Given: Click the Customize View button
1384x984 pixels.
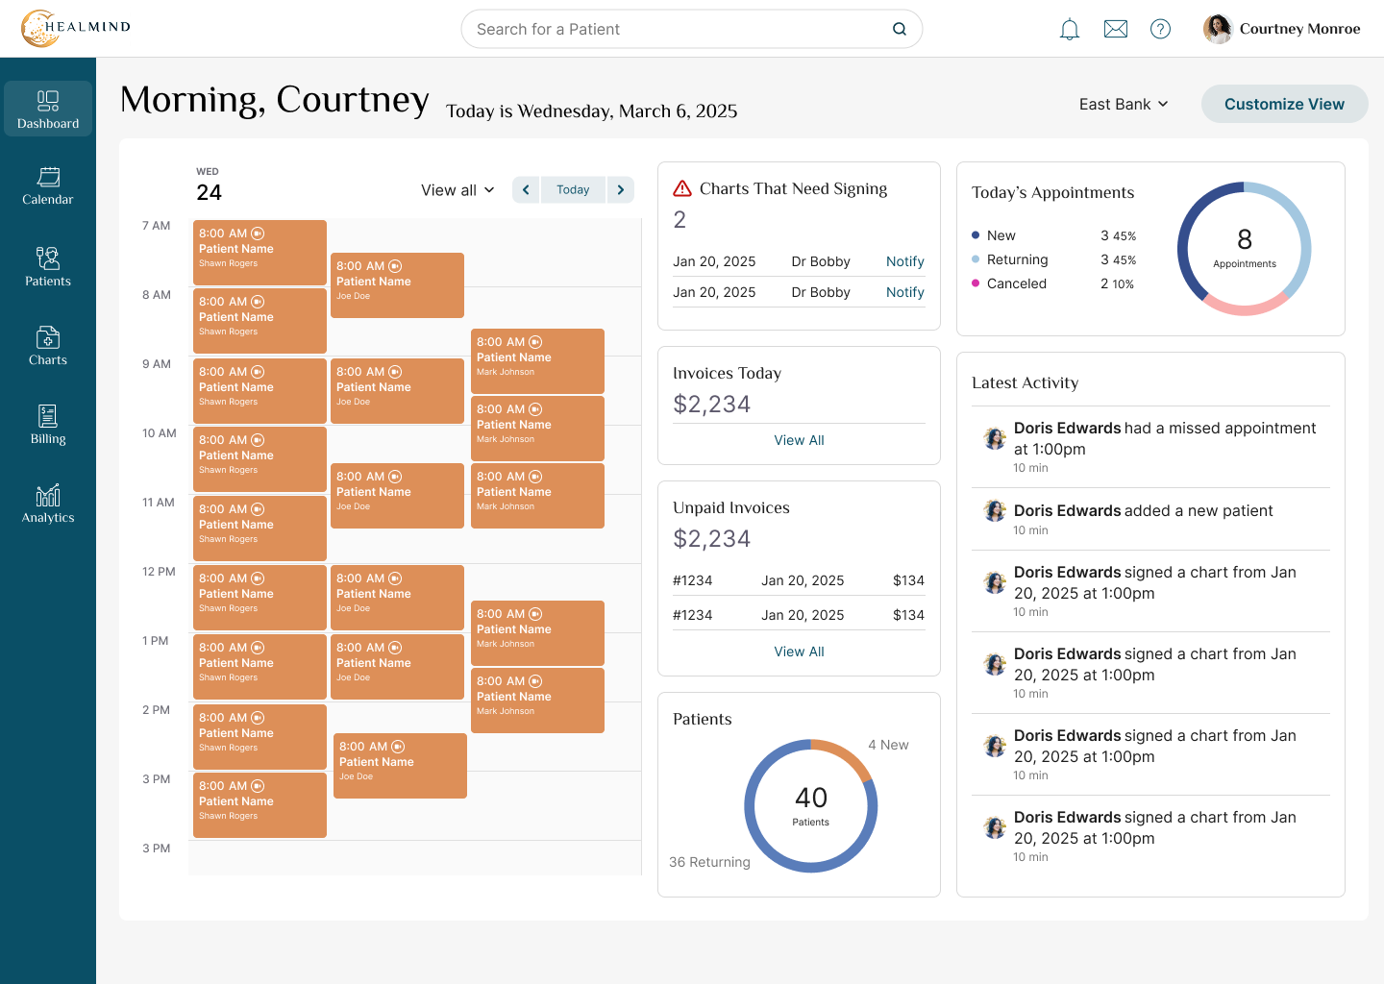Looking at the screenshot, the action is (x=1284, y=104).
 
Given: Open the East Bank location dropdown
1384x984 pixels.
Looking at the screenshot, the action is (x=1124, y=104).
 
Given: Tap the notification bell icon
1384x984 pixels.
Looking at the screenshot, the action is (x=1069, y=29).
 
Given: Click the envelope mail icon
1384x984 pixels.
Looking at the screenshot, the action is (x=1115, y=29).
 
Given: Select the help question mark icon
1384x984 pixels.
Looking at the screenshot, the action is (x=1160, y=29).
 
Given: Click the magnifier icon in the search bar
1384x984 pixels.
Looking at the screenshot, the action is (x=900, y=29).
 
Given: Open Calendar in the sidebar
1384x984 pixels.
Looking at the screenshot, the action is (x=48, y=185).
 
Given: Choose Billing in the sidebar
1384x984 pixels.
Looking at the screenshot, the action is (x=48, y=425).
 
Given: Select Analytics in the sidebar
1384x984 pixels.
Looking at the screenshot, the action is (x=48, y=504).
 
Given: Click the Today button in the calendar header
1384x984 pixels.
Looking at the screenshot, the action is (x=573, y=189).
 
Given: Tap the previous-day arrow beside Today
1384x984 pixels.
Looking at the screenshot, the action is (x=526, y=189).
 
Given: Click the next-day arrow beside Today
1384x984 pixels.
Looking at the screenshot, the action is (x=620, y=189).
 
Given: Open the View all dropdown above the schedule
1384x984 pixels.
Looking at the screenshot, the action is (x=457, y=190).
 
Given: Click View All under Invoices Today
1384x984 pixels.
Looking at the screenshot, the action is (x=799, y=440).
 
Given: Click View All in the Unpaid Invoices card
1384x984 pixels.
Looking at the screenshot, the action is (x=799, y=652).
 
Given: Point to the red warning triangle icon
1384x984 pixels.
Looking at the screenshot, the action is (x=682, y=188).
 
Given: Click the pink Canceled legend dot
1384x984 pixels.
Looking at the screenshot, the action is (x=975, y=283).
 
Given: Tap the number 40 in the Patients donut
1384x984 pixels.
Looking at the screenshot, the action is (x=810, y=798).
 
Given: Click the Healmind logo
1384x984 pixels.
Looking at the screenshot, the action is (x=75, y=28).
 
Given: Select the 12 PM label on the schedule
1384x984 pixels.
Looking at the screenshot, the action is (x=159, y=572).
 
